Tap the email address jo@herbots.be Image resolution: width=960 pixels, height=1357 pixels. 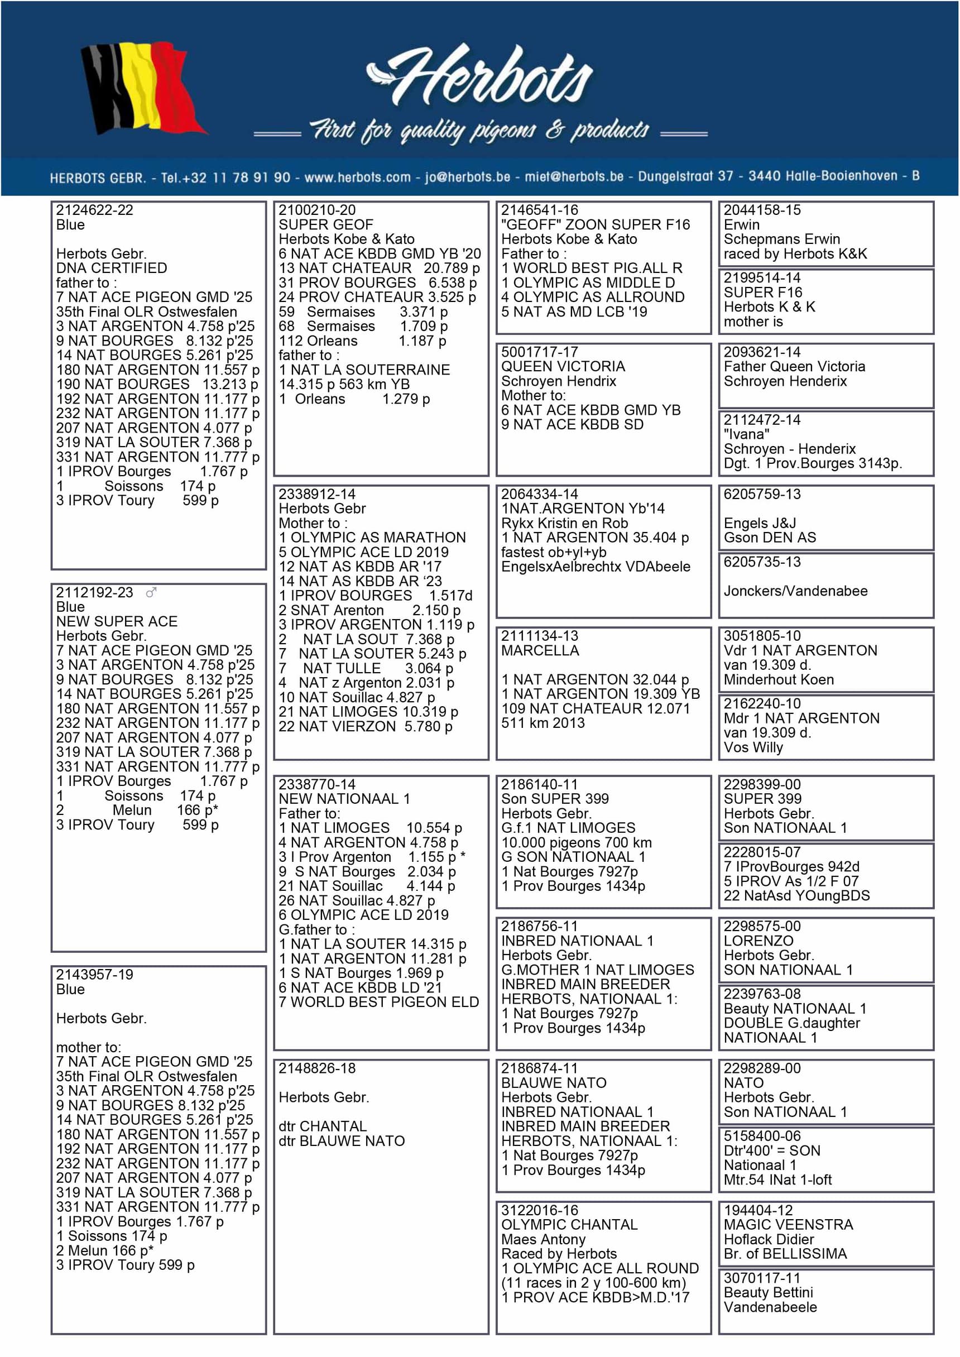467,177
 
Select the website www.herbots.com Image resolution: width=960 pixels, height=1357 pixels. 357,177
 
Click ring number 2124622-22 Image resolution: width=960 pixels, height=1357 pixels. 94,210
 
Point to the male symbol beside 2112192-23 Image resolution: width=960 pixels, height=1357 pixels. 151,592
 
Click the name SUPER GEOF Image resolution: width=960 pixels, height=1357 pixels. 326,224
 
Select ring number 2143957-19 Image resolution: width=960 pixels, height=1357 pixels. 94,975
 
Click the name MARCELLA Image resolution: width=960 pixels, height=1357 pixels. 540,651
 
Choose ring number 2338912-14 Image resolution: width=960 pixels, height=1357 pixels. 317,494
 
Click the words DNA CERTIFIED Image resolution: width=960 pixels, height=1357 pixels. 111,268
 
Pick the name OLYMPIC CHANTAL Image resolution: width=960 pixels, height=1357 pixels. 569,1224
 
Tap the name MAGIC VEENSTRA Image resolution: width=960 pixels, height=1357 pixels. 788,1224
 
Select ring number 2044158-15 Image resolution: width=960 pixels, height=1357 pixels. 762,210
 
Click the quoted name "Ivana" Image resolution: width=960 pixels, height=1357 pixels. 746,434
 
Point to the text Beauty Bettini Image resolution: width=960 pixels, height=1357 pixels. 768,1292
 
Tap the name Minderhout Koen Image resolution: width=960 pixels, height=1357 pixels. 779,680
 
